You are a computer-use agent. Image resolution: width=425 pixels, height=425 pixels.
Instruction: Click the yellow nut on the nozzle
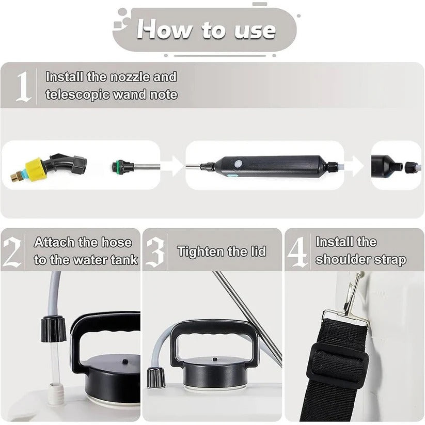36,168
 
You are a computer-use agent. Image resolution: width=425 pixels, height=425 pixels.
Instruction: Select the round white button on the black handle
238,164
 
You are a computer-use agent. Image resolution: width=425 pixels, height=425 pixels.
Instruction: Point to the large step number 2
12,252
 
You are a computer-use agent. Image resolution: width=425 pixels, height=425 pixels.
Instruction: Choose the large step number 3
155,252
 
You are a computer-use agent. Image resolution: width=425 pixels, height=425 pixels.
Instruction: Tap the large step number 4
297,252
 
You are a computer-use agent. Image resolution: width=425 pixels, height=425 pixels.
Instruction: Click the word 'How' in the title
164,29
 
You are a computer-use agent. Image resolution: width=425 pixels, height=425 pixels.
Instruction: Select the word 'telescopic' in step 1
78,95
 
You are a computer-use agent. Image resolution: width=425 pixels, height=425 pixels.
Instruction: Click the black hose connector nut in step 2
53,328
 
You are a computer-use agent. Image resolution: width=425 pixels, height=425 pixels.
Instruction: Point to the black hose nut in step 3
156,377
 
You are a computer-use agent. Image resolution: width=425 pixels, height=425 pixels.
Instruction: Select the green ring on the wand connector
115,166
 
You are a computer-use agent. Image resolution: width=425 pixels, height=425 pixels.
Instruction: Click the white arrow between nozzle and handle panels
172,166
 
